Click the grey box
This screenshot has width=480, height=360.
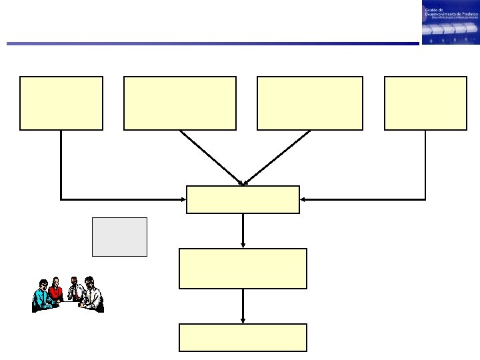[119, 237]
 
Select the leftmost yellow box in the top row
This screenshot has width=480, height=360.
[61, 103]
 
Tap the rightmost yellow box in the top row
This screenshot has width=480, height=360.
[425, 103]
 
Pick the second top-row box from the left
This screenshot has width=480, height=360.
[180, 103]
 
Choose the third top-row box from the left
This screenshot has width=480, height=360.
[310, 103]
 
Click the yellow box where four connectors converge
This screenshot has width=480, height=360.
[243, 199]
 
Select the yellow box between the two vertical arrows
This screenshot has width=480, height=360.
[243, 268]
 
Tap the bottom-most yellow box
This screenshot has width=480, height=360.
[243, 337]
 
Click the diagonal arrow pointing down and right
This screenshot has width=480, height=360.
[211, 157]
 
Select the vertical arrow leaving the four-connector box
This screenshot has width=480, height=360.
[243, 231]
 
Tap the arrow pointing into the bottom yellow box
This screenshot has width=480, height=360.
[243, 306]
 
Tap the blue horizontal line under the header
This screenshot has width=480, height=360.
[213, 44]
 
